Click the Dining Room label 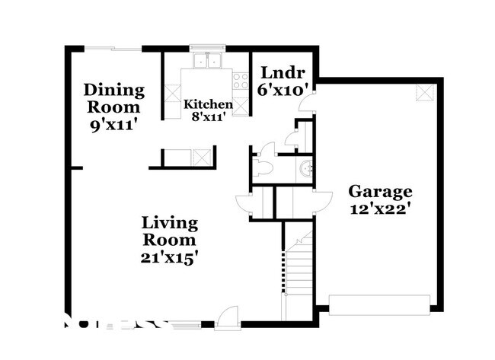pos(113,98)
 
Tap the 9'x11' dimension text pos(113,125)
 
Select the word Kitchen pos(208,104)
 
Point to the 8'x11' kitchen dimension pos(208,117)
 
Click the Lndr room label pos(283,73)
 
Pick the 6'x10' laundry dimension pos(283,90)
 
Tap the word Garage pos(380,191)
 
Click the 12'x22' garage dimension pos(380,209)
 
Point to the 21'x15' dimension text pos(170,257)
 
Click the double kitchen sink pos(206,60)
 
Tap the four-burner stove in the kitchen pos(241,80)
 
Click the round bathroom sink pos(305,169)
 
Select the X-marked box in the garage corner pos(423,92)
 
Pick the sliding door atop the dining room pos(113,49)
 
